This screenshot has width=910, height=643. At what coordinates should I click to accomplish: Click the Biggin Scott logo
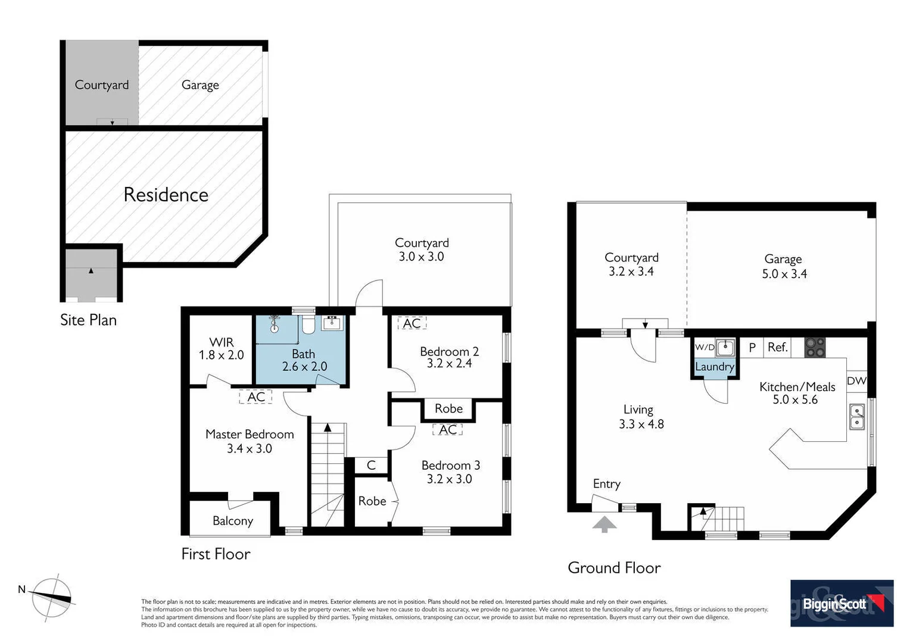842,603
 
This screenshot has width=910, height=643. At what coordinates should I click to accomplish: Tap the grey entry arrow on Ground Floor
604,525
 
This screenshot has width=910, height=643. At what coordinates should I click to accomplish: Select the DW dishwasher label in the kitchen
856,381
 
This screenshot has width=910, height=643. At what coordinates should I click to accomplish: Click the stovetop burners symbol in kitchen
815,347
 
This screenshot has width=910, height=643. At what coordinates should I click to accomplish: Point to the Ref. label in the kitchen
778,347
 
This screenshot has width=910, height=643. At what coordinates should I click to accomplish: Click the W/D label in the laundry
705,347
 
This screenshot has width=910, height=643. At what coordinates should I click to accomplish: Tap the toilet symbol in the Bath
308,325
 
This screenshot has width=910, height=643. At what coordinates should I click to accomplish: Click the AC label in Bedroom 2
412,323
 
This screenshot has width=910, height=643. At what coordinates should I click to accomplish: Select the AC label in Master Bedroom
256,397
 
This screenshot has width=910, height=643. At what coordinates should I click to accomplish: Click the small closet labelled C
371,465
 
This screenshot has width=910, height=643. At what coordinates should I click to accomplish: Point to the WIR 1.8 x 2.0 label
222,349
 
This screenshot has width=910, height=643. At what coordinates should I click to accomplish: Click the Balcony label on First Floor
233,521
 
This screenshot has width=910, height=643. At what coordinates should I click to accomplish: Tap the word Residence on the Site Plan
166,195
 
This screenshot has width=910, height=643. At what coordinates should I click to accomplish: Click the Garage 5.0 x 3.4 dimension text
784,274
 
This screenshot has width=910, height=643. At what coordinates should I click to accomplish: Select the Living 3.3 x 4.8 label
640,417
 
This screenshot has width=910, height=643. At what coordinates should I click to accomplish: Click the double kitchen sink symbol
856,417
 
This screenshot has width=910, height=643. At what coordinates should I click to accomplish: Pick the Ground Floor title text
614,568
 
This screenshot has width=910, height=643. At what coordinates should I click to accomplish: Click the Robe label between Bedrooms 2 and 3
448,408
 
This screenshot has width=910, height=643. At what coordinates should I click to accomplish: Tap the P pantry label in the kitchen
752,347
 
